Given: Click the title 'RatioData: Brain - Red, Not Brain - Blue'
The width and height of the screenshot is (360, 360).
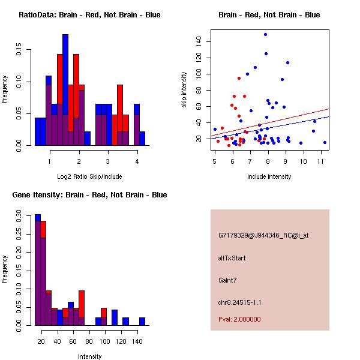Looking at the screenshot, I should click(x=89, y=15).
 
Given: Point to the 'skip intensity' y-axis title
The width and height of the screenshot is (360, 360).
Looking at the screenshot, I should click(x=184, y=90).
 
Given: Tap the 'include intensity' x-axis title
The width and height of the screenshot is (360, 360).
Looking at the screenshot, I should click(x=269, y=176).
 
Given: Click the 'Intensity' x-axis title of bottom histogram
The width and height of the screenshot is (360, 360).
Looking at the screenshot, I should click(x=90, y=356).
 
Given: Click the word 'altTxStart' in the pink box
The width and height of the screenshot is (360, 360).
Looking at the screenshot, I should click(x=232, y=258).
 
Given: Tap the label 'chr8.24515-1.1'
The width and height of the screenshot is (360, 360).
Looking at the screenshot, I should click(x=239, y=302).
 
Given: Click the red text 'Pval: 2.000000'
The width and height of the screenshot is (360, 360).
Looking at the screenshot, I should click(x=239, y=319).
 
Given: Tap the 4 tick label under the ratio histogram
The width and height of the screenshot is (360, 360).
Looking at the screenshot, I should click(x=137, y=161).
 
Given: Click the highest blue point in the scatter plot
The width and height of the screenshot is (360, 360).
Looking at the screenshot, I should click(x=265, y=34).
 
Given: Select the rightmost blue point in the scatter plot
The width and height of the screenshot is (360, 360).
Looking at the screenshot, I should click(x=325, y=142).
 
